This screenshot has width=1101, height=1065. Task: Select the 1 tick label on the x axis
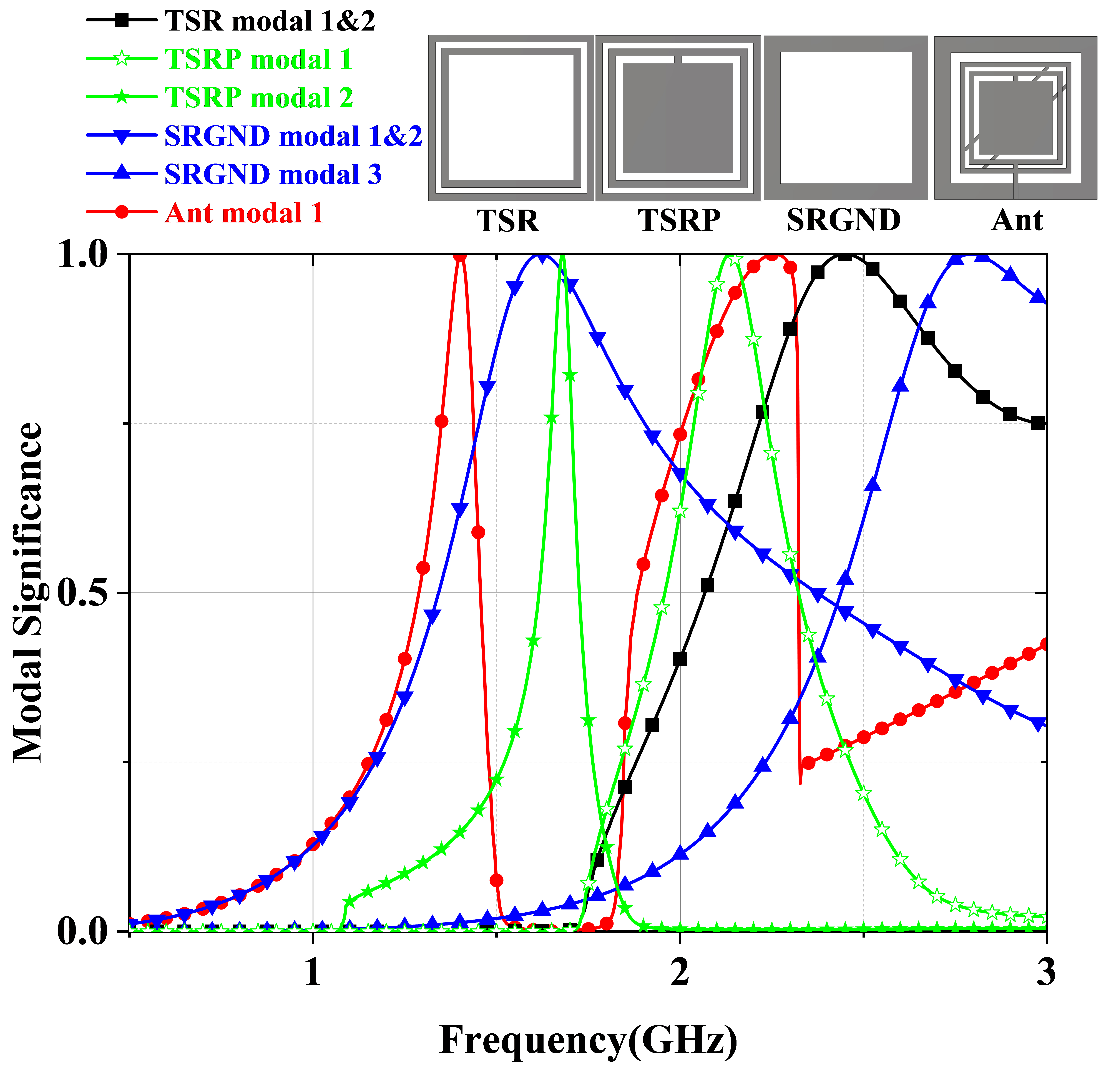tap(313, 972)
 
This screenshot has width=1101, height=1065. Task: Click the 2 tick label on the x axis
tap(680, 972)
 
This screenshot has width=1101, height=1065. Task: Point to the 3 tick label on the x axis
tap(1046, 972)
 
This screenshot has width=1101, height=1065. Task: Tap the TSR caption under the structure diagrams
tap(508, 221)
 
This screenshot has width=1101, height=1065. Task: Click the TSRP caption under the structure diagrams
tap(679, 221)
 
